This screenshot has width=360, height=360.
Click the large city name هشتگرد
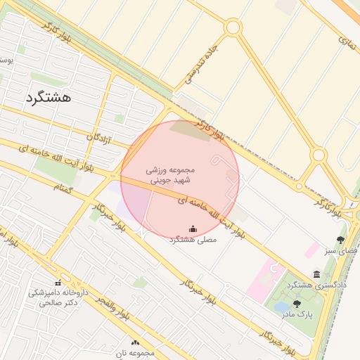(x=49, y=97)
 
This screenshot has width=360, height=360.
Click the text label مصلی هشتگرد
(x=193, y=240)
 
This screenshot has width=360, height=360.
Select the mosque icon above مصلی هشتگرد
(x=193, y=229)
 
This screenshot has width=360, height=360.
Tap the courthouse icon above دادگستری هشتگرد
(x=317, y=274)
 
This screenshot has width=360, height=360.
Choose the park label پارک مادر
(x=297, y=314)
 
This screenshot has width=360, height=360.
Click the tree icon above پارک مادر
(x=297, y=304)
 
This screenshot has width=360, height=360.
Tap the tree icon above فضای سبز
(x=341, y=240)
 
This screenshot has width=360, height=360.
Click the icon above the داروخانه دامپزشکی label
(x=58, y=282)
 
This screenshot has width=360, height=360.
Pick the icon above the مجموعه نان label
(x=136, y=342)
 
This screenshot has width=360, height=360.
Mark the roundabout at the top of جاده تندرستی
(x=233, y=27)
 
